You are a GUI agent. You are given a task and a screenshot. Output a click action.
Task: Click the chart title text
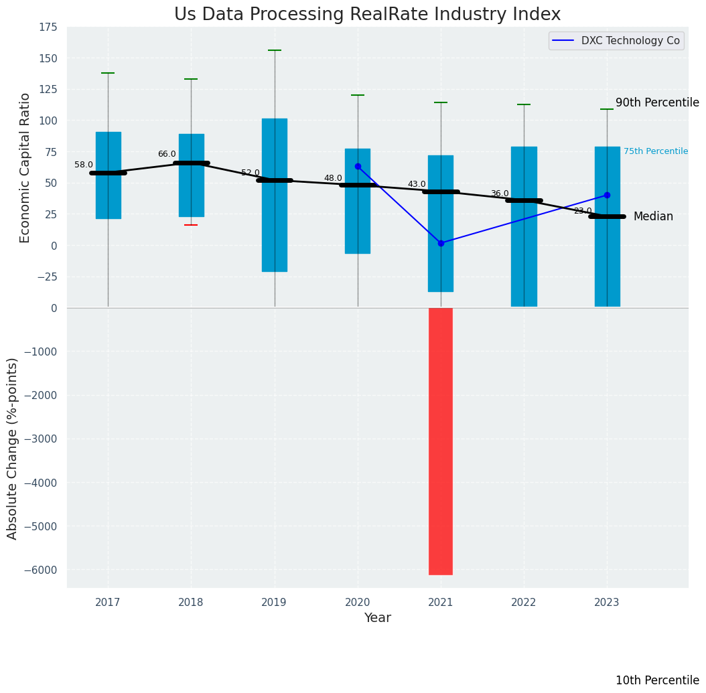(x=367, y=15)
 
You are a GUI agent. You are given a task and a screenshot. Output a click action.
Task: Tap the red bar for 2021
(x=441, y=441)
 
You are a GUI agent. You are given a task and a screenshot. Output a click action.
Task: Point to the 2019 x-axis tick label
(x=274, y=603)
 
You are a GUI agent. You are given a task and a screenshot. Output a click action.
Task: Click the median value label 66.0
(x=167, y=154)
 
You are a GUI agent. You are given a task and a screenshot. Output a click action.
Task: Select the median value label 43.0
(x=417, y=184)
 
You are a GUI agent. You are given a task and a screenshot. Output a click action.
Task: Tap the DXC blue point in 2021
(x=441, y=243)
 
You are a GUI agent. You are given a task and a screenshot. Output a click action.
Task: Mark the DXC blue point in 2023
(x=607, y=195)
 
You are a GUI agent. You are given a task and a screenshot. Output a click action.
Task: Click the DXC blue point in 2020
(x=358, y=166)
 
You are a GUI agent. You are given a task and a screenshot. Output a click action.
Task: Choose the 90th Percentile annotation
(x=657, y=102)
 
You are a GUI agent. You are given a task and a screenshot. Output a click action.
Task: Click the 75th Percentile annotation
(x=655, y=151)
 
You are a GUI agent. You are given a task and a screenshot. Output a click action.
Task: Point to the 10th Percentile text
(x=657, y=680)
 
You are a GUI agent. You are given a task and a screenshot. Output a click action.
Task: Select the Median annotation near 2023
(x=653, y=216)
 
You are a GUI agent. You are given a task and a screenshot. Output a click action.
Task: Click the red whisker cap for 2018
(x=191, y=225)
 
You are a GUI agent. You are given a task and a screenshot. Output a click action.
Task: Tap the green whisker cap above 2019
(x=275, y=50)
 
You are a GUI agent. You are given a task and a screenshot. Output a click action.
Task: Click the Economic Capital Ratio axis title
(x=25, y=167)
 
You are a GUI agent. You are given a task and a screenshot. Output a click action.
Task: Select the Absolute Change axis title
(x=13, y=448)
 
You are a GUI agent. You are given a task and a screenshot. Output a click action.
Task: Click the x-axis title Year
(x=377, y=618)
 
